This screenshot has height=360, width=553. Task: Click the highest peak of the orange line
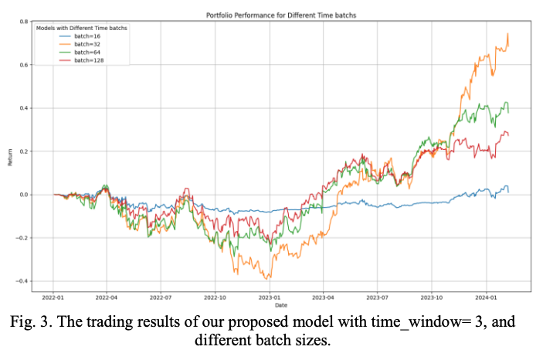click(507, 34)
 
